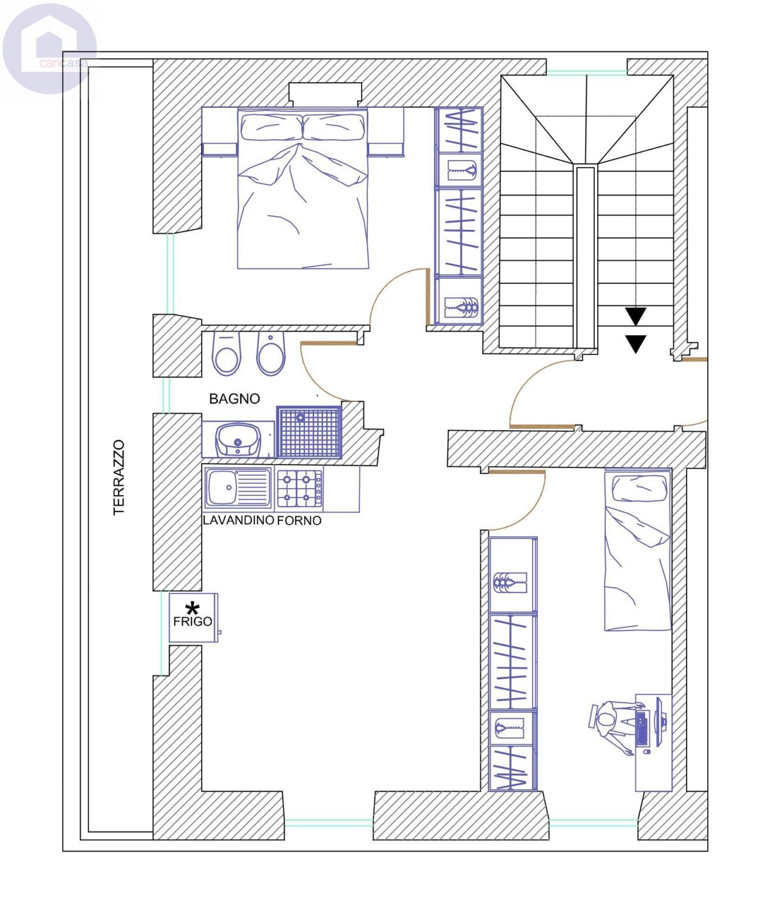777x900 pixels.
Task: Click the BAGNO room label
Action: [x=234, y=398]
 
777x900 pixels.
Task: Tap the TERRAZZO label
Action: [x=118, y=478]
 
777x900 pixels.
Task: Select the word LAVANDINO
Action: [x=238, y=520]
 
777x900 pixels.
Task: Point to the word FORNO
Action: [x=299, y=520]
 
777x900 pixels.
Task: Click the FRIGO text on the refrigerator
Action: [x=193, y=621]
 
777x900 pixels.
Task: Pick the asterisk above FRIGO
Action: [x=192, y=608]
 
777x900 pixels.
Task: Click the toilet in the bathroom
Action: [x=227, y=353]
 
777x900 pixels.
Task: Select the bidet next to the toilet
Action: [x=271, y=353]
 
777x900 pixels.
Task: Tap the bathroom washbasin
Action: [x=238, y=439]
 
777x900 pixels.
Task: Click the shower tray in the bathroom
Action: [x=309, y=432]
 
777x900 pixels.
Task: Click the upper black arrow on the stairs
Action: [x=635, y=316]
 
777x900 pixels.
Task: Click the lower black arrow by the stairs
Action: [x=635, y=344]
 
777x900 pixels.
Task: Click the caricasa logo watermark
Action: [x=49, y=48]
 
